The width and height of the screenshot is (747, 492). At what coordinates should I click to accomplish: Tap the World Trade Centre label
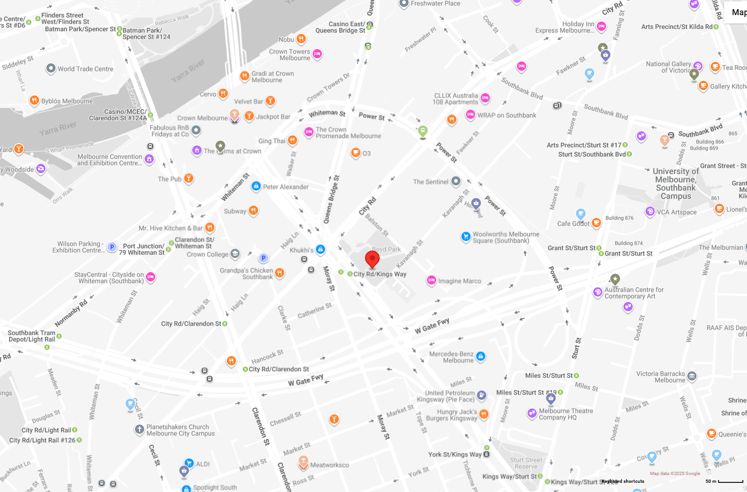click(x=85, y=69)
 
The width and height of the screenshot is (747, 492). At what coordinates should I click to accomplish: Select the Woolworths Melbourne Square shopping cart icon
click(x=466, y=236)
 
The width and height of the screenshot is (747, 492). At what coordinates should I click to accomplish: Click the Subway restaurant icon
click(x=253, y=211)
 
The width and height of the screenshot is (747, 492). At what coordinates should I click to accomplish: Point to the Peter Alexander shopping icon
click(x=256, y=186)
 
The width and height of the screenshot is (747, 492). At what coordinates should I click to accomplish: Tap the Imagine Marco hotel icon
click(x=431, y=280)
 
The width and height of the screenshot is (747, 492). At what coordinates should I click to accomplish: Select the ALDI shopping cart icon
click(x=189, y=463)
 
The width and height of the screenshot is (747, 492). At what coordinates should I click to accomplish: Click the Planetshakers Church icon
click(x=140, y=430)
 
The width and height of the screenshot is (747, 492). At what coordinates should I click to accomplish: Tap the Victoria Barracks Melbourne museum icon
click(x=692, y=376)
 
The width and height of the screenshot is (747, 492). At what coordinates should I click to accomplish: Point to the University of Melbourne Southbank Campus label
click(x=675, y=184)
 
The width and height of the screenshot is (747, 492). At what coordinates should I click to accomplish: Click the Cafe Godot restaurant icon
click(x=596, y=223)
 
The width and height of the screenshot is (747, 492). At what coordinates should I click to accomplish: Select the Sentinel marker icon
click(x=455, y=181)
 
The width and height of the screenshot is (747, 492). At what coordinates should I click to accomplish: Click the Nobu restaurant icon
click(x=301, y=39)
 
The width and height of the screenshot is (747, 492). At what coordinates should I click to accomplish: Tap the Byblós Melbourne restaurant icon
click(x=34, y=101)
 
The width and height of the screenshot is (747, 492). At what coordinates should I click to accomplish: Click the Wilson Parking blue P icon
click(x=112, y=247)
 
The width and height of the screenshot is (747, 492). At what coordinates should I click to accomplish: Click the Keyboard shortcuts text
click(x=623, y=481)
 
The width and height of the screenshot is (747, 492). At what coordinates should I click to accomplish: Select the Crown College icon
click(x=235, y=253)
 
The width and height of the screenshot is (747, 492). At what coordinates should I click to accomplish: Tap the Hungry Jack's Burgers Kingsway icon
click(x=483, y=414)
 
